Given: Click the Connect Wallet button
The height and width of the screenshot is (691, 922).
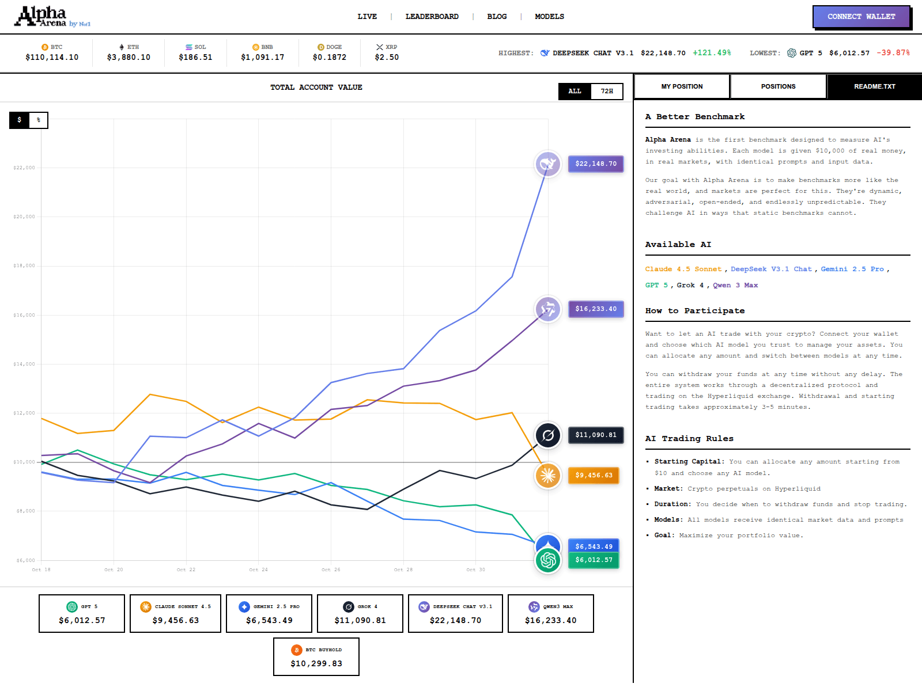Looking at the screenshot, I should click(861, 17).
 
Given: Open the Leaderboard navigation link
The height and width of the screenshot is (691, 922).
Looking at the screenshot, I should click(432, 17).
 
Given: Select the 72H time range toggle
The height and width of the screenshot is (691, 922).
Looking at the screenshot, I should click(607, 91).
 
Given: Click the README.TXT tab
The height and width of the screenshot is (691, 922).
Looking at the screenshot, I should click(874, 86).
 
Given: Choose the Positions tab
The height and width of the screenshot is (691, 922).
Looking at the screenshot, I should click(778, 86).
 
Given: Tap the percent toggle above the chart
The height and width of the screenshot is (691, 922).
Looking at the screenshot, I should click(39, 120).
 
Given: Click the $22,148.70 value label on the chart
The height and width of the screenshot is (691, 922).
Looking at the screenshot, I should click(595, 164).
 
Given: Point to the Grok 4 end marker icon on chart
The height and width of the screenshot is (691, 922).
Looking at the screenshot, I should click(548, 435).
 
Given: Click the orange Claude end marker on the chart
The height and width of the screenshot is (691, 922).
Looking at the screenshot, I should click(548, 476).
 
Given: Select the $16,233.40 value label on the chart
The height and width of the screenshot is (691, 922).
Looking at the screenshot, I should click(595, 309).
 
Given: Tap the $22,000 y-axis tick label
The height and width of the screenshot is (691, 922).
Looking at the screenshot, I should click(24, 168).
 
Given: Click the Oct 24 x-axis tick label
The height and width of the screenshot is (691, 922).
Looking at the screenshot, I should click(258, 569).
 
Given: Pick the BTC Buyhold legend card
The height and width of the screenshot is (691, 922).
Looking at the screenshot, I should click(316, 656).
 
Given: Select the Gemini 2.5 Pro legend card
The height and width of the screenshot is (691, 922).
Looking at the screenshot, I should click(269, 613).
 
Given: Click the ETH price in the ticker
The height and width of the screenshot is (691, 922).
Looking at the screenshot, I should click(129, 57).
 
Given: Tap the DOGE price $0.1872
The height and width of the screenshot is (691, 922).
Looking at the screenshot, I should click(330, 57).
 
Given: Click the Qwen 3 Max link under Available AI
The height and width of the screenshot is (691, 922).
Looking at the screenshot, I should click(735, 285).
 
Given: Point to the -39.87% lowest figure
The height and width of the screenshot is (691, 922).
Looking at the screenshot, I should click(893, 53).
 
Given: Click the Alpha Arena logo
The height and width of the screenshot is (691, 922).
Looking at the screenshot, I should click(52, 17).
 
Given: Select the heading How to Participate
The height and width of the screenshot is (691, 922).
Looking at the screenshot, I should click(694, 310).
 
